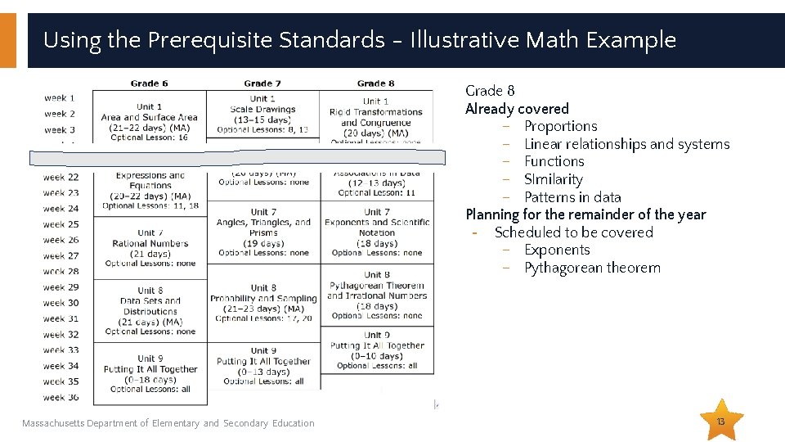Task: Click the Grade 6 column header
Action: (x=149, y=83)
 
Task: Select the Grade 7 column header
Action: (x=262, y=83)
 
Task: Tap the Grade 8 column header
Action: (x=375, y=83)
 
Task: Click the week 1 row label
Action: (x=60, y=98)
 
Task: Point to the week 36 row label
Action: (x=61, y=397)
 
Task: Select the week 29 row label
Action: (x=61, y=287)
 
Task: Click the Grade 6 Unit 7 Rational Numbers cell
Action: (x=150, y=248)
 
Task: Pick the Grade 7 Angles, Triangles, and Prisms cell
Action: (x=263, y=232)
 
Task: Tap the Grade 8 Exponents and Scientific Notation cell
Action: (x=376, y=232)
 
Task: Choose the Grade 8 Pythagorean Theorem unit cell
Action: (x=376, y=295)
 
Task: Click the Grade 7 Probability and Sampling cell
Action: (x=263, y=303)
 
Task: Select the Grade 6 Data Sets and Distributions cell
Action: (x=150, y=311)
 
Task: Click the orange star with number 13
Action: (x=721, y=421)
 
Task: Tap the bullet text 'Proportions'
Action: (x=560, y=126)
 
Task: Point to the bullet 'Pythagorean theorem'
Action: (x=592, y=268)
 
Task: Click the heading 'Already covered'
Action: (x=517, y=109)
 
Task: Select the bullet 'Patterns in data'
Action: (x=572, y=197)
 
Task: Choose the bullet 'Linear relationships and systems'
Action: (x=626, y=144)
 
